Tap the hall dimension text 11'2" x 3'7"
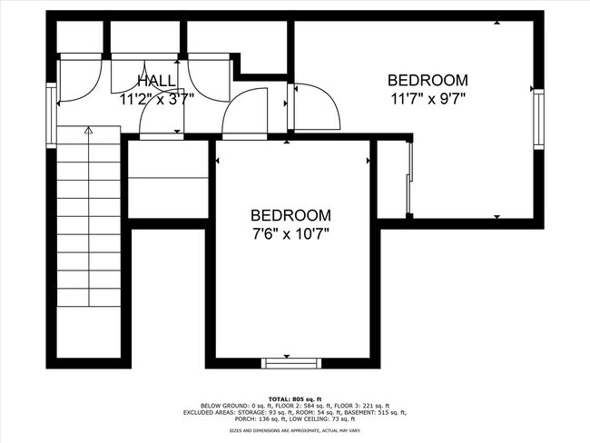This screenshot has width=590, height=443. click(x=157, y=100)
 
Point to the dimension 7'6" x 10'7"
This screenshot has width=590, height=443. click(x=290, y=233)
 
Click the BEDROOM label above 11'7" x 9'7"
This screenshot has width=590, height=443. click(x=428, y=80)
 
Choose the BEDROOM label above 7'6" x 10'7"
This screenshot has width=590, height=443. click(x=290, y=216)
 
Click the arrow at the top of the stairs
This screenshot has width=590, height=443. click(x=88, y=133)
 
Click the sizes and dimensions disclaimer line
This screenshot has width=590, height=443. click(x=295, y=430)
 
